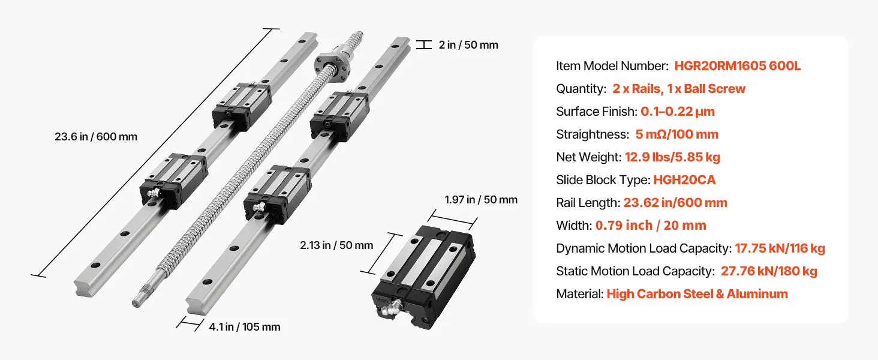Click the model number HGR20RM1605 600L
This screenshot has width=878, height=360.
click(x=737, y=66)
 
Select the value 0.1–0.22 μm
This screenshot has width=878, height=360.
click(x=677, y=112)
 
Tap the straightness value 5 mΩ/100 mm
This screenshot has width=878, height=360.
click(x=676, y=134)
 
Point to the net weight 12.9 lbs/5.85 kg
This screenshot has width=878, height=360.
click(x=672, y=157)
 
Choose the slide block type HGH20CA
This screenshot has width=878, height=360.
click(x=684, y=179)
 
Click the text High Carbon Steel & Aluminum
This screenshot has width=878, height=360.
click(x=697, y=294)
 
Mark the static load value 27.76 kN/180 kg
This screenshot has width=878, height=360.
click(x=769, y=271)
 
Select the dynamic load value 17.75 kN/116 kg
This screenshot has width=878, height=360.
click(x=780, y=248)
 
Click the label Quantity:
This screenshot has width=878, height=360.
click(x=581, y=89)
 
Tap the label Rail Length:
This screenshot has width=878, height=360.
click(x=588, y=203)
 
